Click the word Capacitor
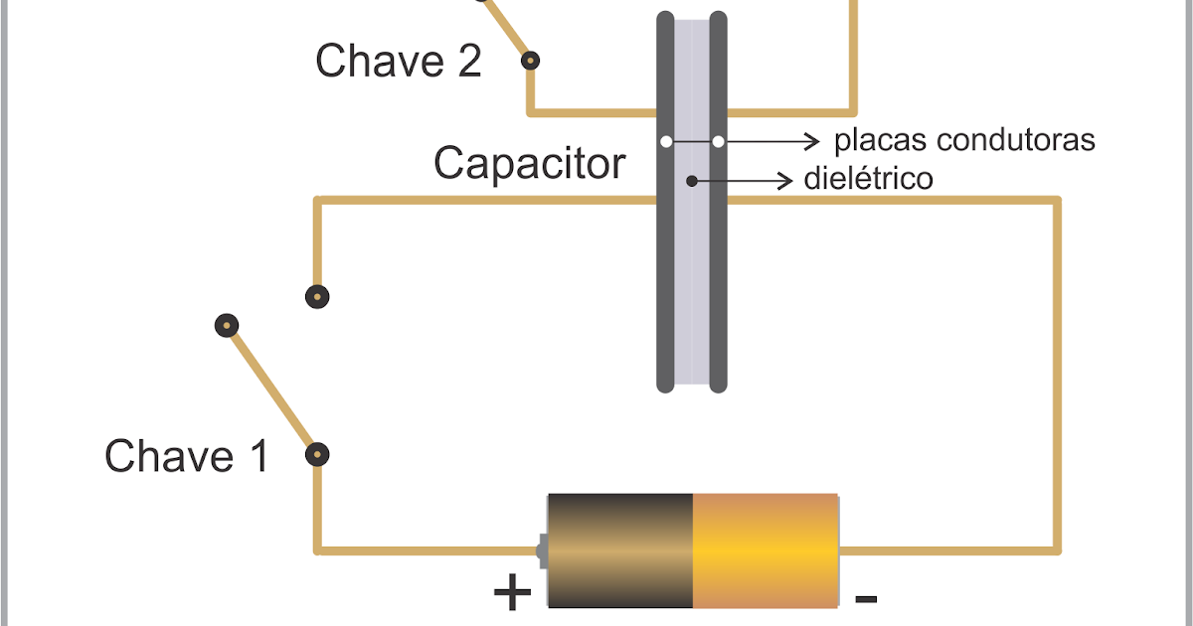click(x=529, y=163)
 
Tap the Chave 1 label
click(x=186, y=457)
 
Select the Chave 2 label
click(x=398, y=62)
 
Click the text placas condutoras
click(x=963, y=140)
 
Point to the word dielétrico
click(x=868, y=180)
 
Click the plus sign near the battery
click(x=512, y=593)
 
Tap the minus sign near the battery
click(x=866, y=598)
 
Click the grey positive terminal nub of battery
click(x=542, y=549)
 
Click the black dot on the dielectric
click(x=692, y=181)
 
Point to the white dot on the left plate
click(x=665, y=142)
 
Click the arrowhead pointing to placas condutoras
click(x=815, y=141)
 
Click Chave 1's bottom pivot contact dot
click(x=317, y=455)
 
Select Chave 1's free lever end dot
click(x=227, y=325)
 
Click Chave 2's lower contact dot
click(x=531, y=61)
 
